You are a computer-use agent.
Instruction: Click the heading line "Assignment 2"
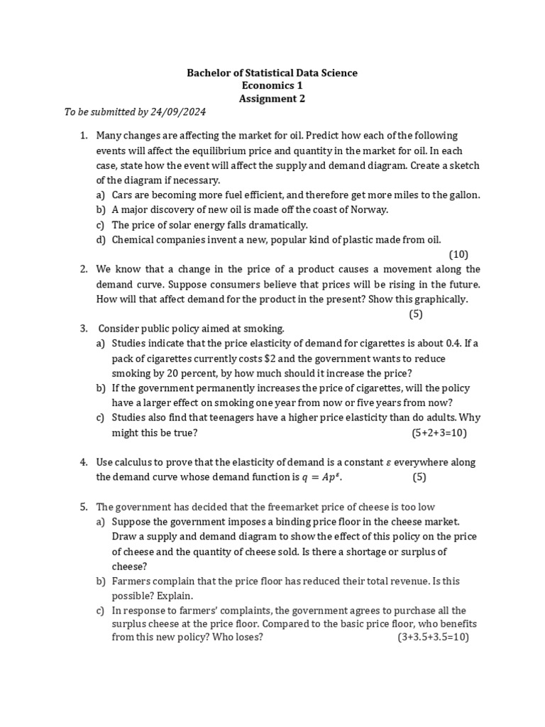(272, 99)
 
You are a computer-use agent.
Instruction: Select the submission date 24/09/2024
(180, 112)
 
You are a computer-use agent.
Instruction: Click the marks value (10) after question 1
(458, 254)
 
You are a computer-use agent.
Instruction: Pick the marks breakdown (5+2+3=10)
(439, 432)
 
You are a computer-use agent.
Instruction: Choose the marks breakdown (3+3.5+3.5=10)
(433, 637)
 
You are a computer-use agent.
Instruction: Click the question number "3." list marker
(83, 328)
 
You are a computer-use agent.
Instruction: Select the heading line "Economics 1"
(272, 85)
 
